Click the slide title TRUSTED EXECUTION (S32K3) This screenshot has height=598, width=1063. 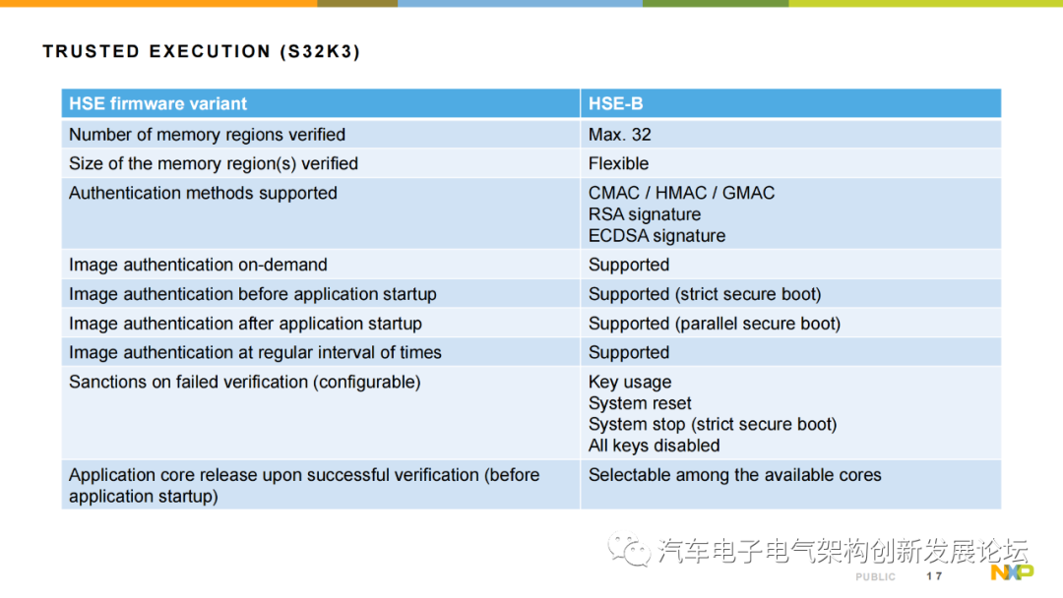pos(202,51)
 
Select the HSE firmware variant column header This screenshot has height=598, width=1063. pos(157,103)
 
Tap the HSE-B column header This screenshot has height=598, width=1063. pos(615,103)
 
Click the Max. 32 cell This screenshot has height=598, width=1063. pos(620,135)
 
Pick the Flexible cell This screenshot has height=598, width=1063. pos(618,164)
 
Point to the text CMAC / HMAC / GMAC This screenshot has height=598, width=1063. pos(681,193)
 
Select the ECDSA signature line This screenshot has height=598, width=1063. pos(657,236)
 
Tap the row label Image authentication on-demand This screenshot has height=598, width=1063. pos(198,265)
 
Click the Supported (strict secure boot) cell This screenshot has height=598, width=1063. pos(705,294)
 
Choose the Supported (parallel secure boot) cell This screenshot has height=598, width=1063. pos(715,324)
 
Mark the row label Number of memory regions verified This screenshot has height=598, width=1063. pos(207,135)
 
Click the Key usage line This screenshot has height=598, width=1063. pos(630,383)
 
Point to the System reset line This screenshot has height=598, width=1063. pos(640,403)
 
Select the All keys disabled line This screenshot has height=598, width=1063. pos(655,446)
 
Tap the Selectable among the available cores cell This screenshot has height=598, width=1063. pos(735,475)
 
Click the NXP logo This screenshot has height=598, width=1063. pos(1012,572)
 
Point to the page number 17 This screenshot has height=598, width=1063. pos(934,576)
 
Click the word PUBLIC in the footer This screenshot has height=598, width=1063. pos(875,577)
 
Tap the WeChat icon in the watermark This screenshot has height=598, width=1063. pos(629,549)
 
